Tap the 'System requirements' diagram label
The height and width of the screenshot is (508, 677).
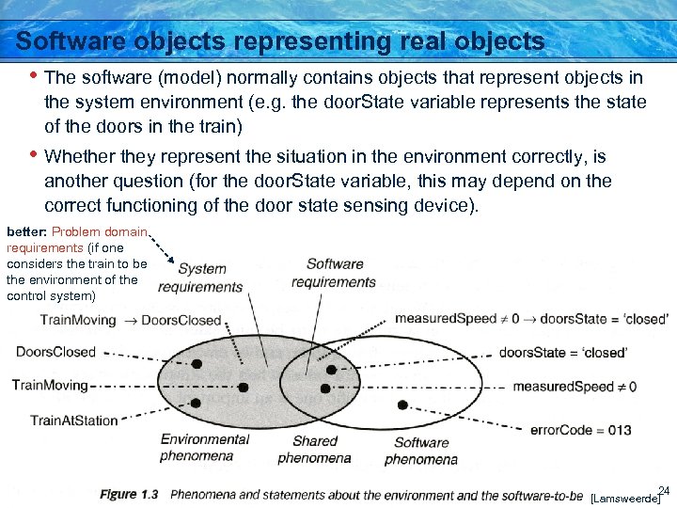tap(200, 278)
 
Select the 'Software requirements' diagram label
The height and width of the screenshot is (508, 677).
tap(334, 273)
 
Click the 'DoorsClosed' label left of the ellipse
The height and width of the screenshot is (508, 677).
tap(55, 352)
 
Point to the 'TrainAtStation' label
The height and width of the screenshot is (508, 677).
tap(74, 420)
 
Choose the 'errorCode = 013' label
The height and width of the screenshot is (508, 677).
tap(581, 430)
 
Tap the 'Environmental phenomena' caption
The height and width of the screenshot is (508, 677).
tap(205, 447)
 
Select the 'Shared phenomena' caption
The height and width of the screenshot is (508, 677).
tap(314, 450)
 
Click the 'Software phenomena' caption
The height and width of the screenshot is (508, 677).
tap(421, 451)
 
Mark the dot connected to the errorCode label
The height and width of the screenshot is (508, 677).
tap(402, 405)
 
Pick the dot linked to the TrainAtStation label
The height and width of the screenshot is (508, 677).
tap(196, 403)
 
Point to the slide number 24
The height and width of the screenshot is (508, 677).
tap(663, 490)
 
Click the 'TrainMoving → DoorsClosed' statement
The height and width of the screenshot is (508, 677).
tap(131, 320)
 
